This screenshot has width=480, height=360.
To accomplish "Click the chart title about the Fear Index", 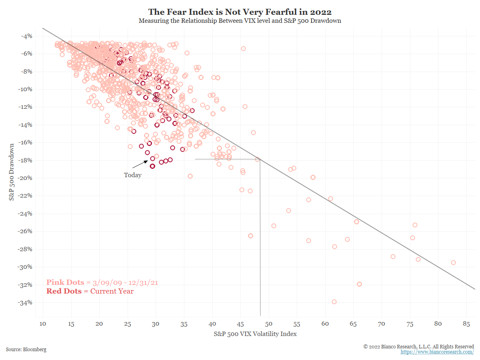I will [x=240, y=12].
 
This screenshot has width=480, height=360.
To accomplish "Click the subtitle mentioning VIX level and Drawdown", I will [x=240, y=21].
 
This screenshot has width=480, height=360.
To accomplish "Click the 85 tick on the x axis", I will [x=466, y=324].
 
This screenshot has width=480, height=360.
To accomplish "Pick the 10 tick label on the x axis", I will [x=43, y=324].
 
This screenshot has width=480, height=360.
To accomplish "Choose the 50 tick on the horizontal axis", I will [x=268, y=324].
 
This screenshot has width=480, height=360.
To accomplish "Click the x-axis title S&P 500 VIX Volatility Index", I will [x=255, y=334].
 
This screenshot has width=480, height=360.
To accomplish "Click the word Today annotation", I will [x=132, y=175].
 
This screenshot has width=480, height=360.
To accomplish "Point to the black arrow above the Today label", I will [x=140, y=163].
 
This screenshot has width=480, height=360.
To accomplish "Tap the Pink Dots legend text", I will [x=102, y=282].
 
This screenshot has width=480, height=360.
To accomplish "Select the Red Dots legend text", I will [x=90, y=291].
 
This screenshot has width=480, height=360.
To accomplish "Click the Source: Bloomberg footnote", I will [x=26, y=350].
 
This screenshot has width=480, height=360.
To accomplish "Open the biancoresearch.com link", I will [x=437, y=352].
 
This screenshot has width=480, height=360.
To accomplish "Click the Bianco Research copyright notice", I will [x=419, y=346].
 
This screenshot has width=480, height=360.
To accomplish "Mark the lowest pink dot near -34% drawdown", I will [x=334, y=302].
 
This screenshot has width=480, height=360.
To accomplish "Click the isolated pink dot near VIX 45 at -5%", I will [x=243, y=48].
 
